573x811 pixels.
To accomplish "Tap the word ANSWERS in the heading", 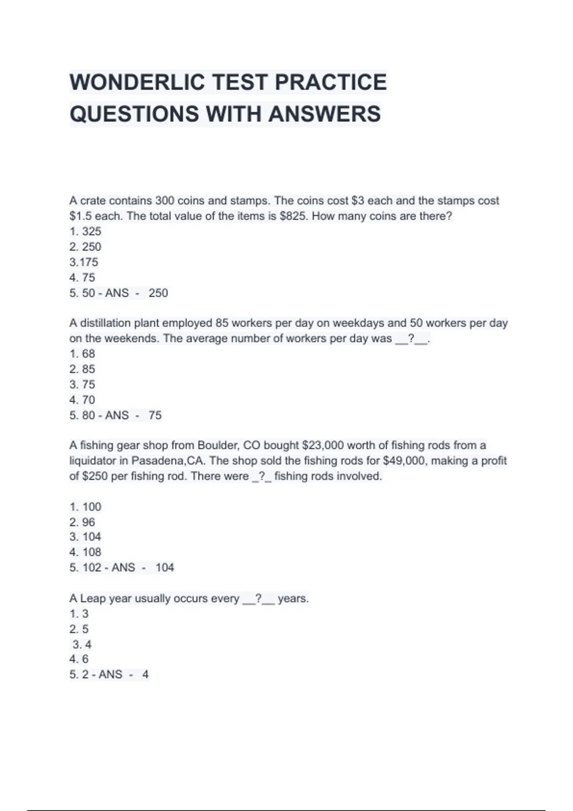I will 324,114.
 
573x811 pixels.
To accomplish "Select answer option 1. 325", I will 85,231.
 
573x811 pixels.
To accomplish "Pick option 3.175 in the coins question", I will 84,262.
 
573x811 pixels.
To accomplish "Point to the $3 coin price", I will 358,201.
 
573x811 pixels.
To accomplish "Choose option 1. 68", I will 82,354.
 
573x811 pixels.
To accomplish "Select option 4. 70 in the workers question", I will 82,400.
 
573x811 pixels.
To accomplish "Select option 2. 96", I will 82,522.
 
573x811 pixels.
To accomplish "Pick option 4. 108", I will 85,552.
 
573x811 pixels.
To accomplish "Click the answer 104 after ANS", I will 165,568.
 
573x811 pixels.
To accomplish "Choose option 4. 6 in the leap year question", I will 79,659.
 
